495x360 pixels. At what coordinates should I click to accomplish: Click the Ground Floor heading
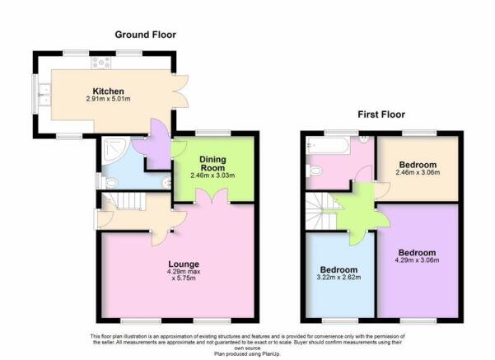[x=145, y=35]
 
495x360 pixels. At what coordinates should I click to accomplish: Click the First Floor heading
[x=381, y=115]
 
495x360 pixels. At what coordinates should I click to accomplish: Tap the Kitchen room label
[x=108, y=91]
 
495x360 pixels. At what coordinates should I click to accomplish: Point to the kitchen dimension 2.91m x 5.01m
[x=108, y=99]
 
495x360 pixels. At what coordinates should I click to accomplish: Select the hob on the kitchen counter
[x=101, y=63]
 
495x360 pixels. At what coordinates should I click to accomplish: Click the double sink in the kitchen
[x=44, y=95]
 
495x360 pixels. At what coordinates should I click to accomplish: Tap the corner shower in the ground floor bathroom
[x=115, y=151]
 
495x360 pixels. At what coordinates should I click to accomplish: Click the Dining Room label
[x=212, y=164]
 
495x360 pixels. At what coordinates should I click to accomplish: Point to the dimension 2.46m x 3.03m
[x=212, y=175]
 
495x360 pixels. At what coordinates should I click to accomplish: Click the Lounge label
[x=184, y=264]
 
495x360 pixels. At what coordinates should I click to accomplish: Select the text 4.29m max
[x=184, y=272]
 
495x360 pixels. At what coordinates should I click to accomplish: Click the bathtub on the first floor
[x=327, y=146]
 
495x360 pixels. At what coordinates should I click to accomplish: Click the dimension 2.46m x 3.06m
[x=418, y=172]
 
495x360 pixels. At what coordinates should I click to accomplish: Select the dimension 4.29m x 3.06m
[x=417, y=260]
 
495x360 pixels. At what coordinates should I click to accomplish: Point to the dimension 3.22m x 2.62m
[x=339, y=278]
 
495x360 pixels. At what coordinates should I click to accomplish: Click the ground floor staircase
[x=125, y=201]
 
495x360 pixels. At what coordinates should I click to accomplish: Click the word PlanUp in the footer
[x=272, y=354]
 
